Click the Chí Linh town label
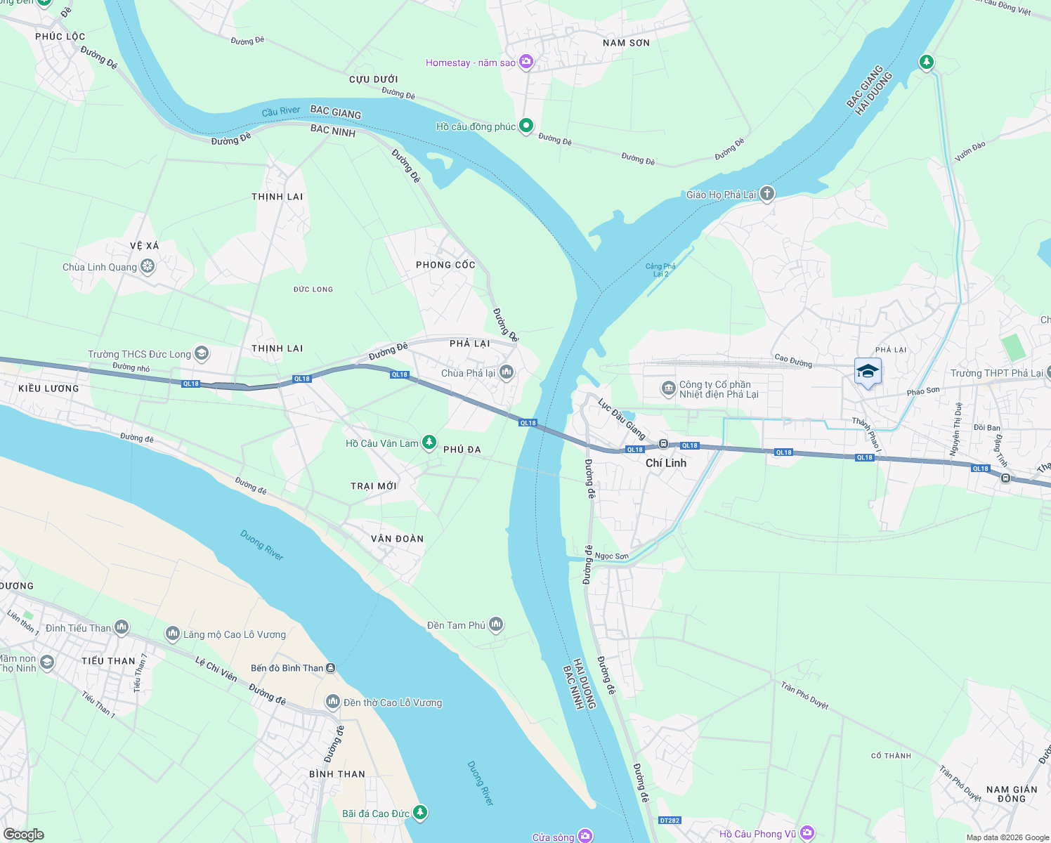click(665, 463)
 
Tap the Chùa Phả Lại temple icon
click(507, 373)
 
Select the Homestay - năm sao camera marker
click(526, 62)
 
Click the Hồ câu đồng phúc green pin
click(525, 126)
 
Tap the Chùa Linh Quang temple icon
click(148, 266)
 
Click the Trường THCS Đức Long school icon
click(202, 353)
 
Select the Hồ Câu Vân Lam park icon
click(429, 443)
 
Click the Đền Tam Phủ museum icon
click(496, 624)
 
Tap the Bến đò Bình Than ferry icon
click(331, 668)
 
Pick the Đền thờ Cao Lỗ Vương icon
click(333, 702)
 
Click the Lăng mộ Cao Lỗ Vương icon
click(173, 634)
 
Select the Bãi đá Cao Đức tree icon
click(420, 813)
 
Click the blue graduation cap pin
click(868, 372)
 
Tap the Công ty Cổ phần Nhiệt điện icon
click(668, 388)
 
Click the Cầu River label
click(280, 111)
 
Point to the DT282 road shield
click(670, 821)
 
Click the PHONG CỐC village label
click(445, 265)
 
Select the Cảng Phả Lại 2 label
click(660, 270)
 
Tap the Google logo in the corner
click(23, 834)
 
